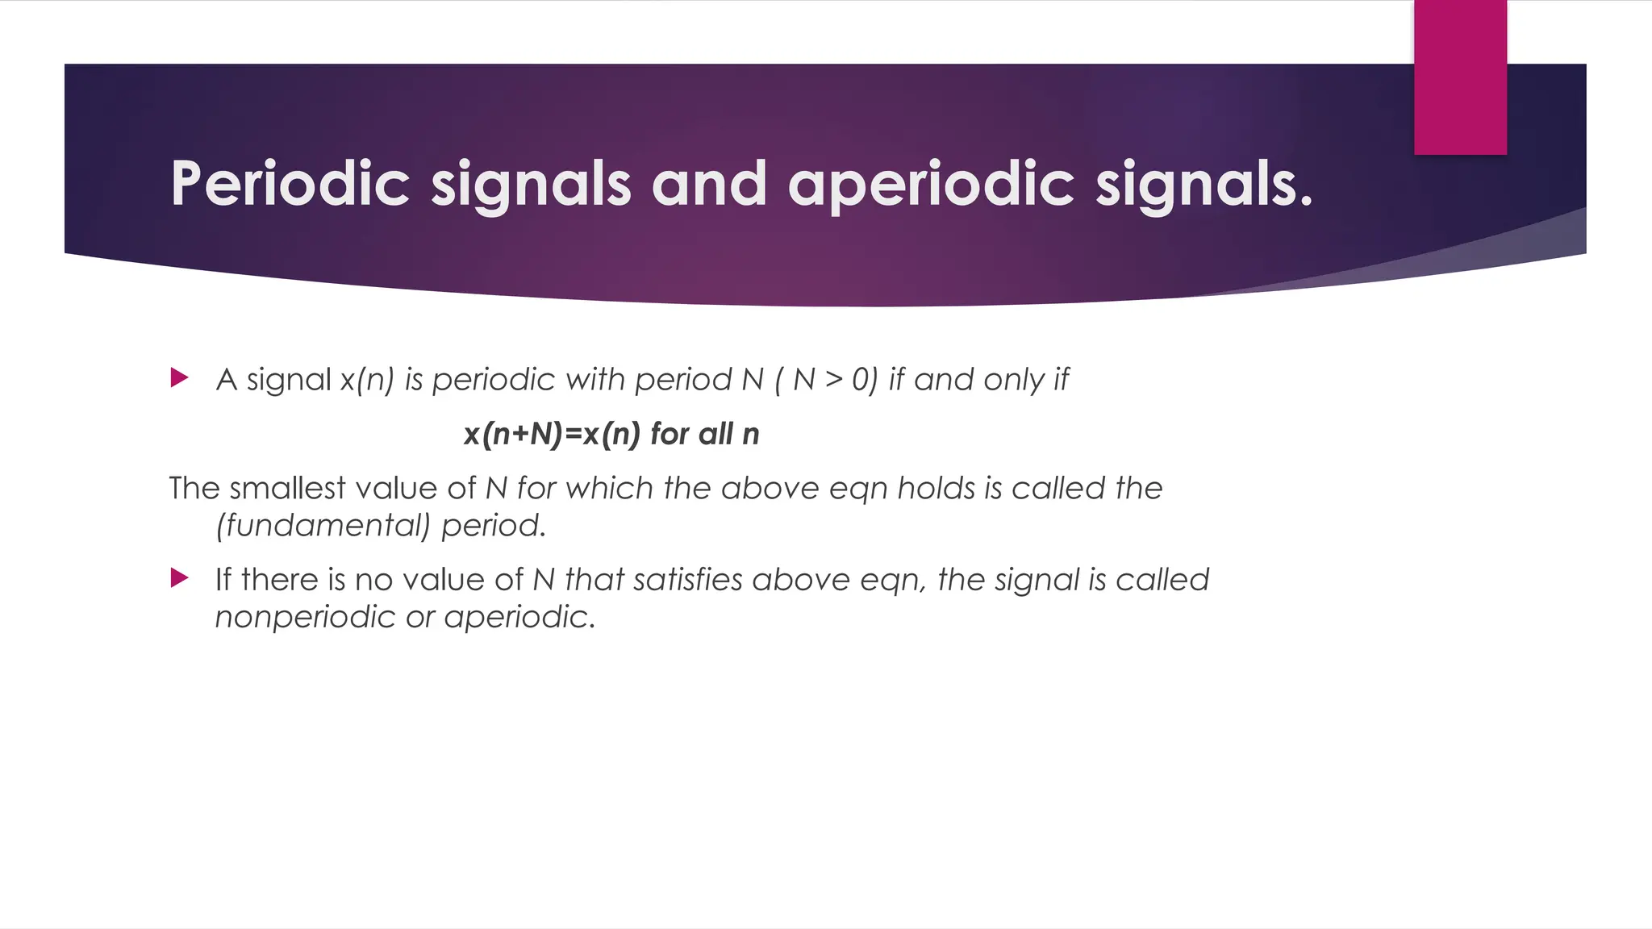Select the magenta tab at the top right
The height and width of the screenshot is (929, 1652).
1460,77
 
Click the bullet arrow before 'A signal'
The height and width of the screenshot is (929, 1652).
179,377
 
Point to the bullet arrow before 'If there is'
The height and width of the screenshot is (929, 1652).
179,577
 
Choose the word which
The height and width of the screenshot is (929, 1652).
609,488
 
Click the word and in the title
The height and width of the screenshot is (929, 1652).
709,184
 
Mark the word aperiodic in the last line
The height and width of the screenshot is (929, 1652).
519,617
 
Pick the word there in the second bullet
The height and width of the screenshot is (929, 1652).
278,580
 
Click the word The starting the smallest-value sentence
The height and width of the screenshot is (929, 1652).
194,488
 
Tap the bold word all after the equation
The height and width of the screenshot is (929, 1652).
716,434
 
